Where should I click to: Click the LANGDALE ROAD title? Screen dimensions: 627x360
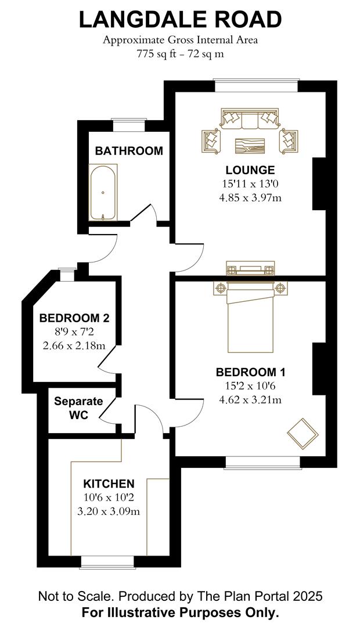tap(180, 20)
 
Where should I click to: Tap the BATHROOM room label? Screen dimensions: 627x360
tap(129, 151)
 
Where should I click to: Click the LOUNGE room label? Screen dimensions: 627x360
tap(250, 170)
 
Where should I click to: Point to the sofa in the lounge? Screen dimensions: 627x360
tap(250, 120)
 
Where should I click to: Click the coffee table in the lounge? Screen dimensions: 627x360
tap(250, 145)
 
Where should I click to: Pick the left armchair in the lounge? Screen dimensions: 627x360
tap(211, 141)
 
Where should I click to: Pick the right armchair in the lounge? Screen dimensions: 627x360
tap(289, 141)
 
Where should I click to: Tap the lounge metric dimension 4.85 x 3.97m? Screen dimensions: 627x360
tap(250, 197)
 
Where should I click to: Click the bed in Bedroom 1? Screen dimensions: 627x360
tap(250, 319)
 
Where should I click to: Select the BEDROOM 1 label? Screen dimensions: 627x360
tap(250, 372)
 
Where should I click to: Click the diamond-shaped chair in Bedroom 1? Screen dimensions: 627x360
tap(302, 433)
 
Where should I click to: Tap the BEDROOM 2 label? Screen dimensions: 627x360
tap(74, 318)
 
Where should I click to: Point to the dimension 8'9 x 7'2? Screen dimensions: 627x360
tap(74, 332)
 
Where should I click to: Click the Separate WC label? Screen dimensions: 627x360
tap(78, 408)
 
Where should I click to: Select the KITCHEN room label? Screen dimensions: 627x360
tap(109, 484)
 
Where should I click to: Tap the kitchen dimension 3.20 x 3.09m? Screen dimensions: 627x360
tap(109, 511)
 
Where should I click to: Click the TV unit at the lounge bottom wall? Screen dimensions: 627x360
tap(250, 269)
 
